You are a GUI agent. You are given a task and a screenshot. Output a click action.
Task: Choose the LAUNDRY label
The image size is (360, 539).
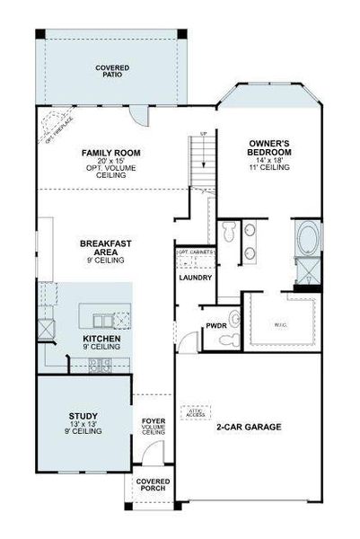196,278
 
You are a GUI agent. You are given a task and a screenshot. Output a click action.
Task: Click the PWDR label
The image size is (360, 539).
215,326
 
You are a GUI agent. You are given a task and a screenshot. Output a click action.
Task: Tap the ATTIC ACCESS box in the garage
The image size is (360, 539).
195,412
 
